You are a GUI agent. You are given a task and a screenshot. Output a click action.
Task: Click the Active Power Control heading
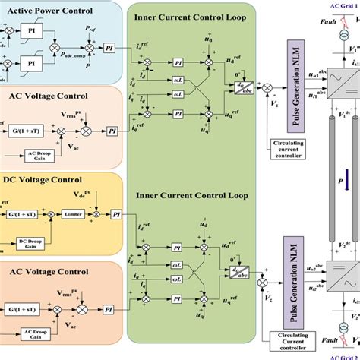click(52, 11)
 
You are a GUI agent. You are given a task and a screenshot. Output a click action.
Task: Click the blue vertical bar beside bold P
click(346, 183)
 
